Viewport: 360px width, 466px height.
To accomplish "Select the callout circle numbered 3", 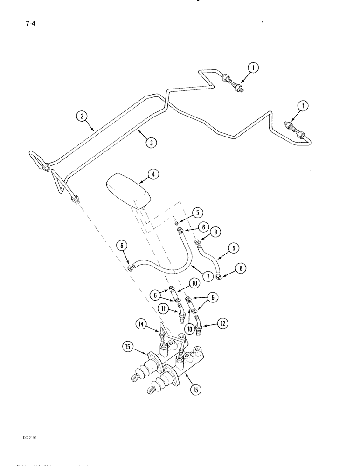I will (150, 143).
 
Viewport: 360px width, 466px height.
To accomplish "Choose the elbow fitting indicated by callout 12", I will (199, 325).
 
